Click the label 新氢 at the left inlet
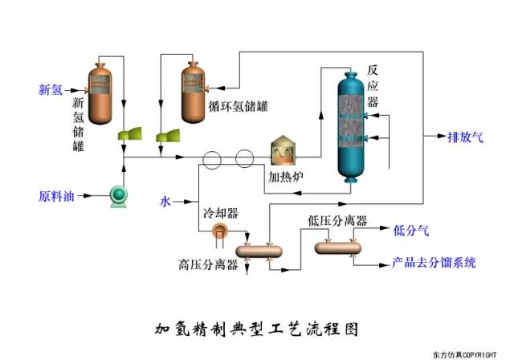[51, 89]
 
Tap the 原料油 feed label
[56, 195]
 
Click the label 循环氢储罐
[240, 105]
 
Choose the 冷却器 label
[221, 213]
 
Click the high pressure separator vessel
[259, 251]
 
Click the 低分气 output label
[411, 231]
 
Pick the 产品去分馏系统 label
[434, 262]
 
